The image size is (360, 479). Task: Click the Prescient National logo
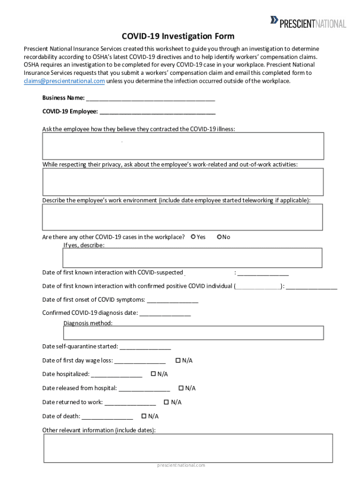[x=308, y=22]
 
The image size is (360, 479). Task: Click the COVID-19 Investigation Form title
[x=178, y=36]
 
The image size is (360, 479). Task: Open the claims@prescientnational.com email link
[x=64, y=81]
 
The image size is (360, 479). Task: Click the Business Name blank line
[x=151, y=98]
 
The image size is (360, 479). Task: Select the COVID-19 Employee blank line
[x=158, y=112]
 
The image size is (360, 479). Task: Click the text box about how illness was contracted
[x=183, y=146]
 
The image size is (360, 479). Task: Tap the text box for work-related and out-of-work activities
[x=183, y=181]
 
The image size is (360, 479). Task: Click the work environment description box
[x=182, y=217]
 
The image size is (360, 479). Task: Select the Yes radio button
[x=194, y=237]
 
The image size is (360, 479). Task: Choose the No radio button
[x=219, y=237]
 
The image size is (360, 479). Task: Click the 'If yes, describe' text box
[x=192, y=258]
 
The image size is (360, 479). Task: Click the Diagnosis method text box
[x=193, y=333]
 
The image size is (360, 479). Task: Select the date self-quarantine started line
[x=145, y=347]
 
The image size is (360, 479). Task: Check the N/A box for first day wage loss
[x=178, y=360]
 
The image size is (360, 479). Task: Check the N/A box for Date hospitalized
[x=153, y=374]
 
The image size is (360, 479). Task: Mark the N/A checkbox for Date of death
[x=144, y=416]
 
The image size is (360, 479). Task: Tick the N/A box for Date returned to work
[x=166, y=402]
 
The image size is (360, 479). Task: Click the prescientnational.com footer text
[x=181, y=465]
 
